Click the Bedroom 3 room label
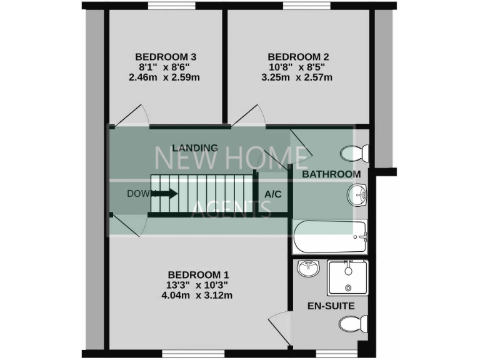pos(167,56)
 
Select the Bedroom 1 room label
pos(199,274)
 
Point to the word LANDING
pos(195,148)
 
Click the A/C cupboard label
pos(273,194)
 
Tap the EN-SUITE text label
pos(331,306)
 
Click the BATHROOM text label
pos(331,174)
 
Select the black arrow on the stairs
pos(164,193)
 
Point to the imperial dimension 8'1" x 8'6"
pos(167,67)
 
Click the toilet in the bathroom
pos(356,152)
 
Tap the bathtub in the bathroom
pos(329,236)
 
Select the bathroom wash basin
pos(357,195)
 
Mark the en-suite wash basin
pos(309,268)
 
